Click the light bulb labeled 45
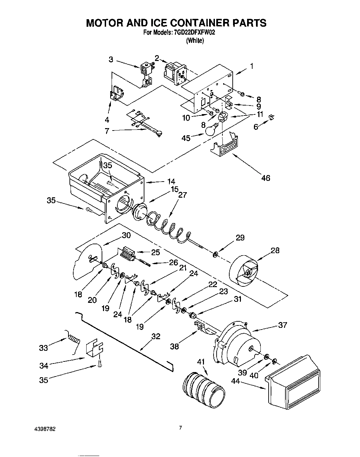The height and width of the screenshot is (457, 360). pos(210,129)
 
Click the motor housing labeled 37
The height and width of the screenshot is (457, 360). pos(236,343)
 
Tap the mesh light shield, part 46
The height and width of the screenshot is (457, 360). pos(224,146)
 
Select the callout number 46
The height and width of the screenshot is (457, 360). pos(266,178)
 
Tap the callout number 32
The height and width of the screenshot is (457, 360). pos(155,336)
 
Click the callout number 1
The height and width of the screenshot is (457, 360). pos(252,66)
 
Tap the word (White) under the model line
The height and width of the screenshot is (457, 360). pos(195,41)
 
